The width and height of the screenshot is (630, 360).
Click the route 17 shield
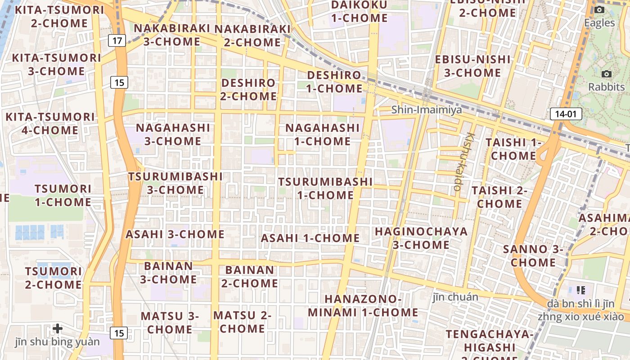(x=117, y=41)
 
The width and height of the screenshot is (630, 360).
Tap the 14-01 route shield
(x=566, y=114)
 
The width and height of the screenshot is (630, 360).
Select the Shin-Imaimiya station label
(x=426, y=109)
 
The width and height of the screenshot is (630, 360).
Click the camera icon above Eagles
(x=599, y=10)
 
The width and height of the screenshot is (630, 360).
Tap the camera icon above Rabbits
(x=606, y=74)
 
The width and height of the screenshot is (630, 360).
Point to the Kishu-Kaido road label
(x=464, y=161)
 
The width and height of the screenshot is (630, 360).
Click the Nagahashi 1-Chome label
(x=323, y=135)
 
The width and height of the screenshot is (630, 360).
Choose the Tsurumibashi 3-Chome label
(x=175, y=183)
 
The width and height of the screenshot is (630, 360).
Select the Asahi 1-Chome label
(x=310, y=238)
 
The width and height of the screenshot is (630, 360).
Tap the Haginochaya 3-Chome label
(x=421, y=238)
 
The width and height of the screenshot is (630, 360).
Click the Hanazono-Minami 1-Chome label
(x=363, y=306)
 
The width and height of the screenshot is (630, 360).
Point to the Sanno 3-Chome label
(x=533, y=256)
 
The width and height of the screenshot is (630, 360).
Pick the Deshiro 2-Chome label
(x=249, y=90)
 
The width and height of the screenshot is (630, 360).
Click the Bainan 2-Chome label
(x=249, y=276)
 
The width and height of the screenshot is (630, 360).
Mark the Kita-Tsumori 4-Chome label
(x=50, y=124)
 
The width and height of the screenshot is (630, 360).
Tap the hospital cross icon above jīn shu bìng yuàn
(x=57, y=328)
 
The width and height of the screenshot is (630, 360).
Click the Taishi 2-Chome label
(x=499, y=197)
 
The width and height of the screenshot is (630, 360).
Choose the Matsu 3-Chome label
(x=170, y=323)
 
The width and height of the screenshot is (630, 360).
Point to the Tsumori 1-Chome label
(x=63, y=195)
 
